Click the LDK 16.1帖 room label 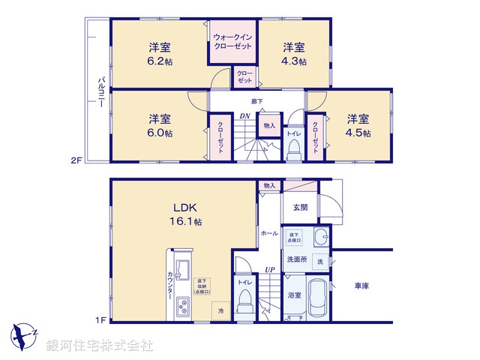tap(186, 213)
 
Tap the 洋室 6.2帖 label tap(158, 53)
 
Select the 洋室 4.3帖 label tap(293, 53)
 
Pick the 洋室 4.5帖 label tap(358, 125)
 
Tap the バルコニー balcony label tap(100, 93)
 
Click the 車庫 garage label tap(363, 286)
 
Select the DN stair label tap(244, 116)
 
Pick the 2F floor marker tap(76, 159)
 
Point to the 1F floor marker tap(99, 321)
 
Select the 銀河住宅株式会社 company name tap(100, 346)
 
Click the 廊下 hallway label tap(256, 101)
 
